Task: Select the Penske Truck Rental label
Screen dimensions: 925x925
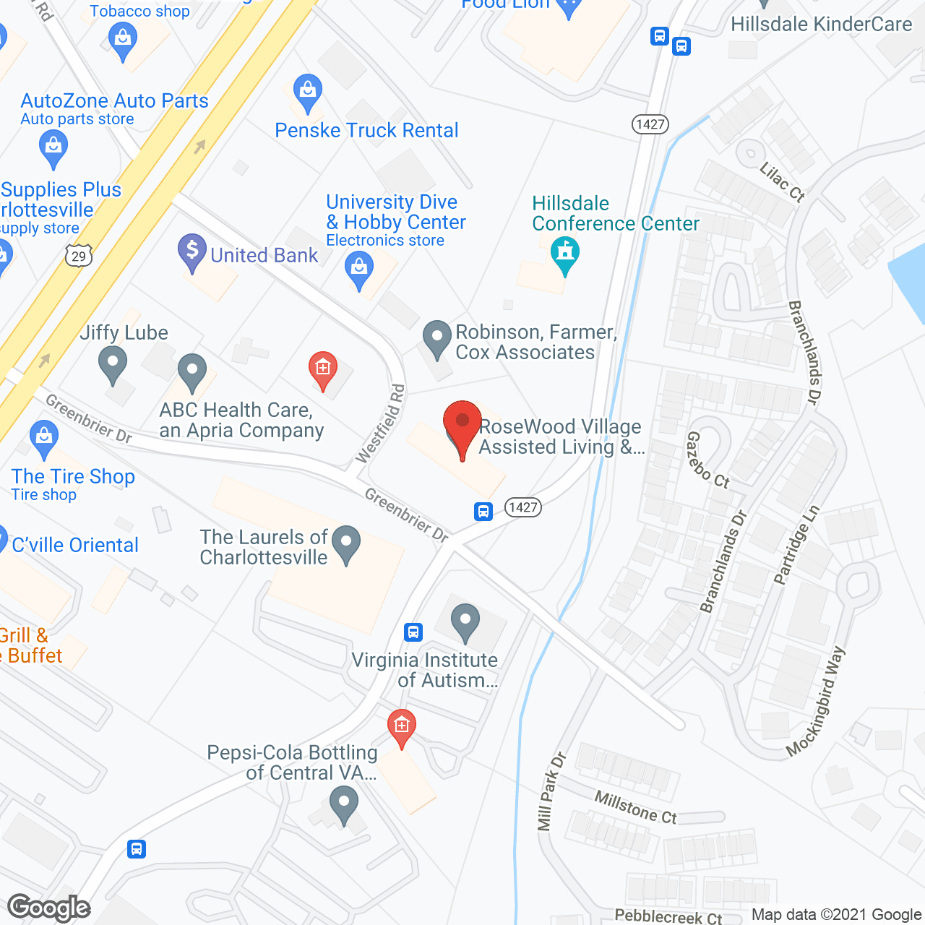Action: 366,130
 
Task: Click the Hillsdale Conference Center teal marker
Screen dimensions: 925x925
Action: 565,255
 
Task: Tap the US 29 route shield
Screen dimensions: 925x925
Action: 79,256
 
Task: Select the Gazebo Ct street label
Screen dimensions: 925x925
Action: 707,460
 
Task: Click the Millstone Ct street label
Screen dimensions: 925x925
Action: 635,807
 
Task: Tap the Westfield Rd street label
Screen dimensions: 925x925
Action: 381,423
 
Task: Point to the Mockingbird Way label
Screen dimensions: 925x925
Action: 815,702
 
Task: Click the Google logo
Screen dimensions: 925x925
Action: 49,908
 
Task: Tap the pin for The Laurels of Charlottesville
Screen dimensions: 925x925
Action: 346,543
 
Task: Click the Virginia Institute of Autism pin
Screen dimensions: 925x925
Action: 465,621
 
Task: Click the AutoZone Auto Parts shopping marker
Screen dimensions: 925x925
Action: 53,147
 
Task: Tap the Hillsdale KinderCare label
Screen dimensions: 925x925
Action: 821,24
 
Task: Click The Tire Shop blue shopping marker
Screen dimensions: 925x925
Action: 44,438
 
